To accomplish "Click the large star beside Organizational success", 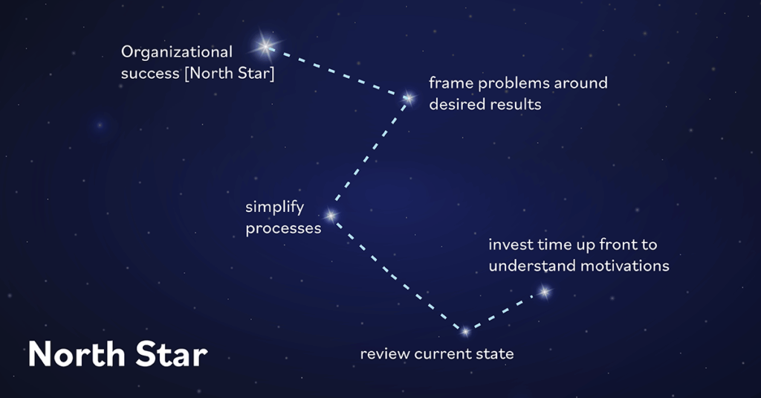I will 265,47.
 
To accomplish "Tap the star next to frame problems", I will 408,97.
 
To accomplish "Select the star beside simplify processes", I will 331,216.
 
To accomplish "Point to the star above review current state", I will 465,331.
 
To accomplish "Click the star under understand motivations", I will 544,292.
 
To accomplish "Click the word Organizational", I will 177,53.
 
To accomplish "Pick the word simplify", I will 275,207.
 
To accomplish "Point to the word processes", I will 283,228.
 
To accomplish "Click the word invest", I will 509,245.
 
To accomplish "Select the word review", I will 383,354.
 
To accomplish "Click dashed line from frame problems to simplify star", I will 370,156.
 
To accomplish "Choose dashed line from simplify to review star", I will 398,274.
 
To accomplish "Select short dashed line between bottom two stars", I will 505,311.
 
